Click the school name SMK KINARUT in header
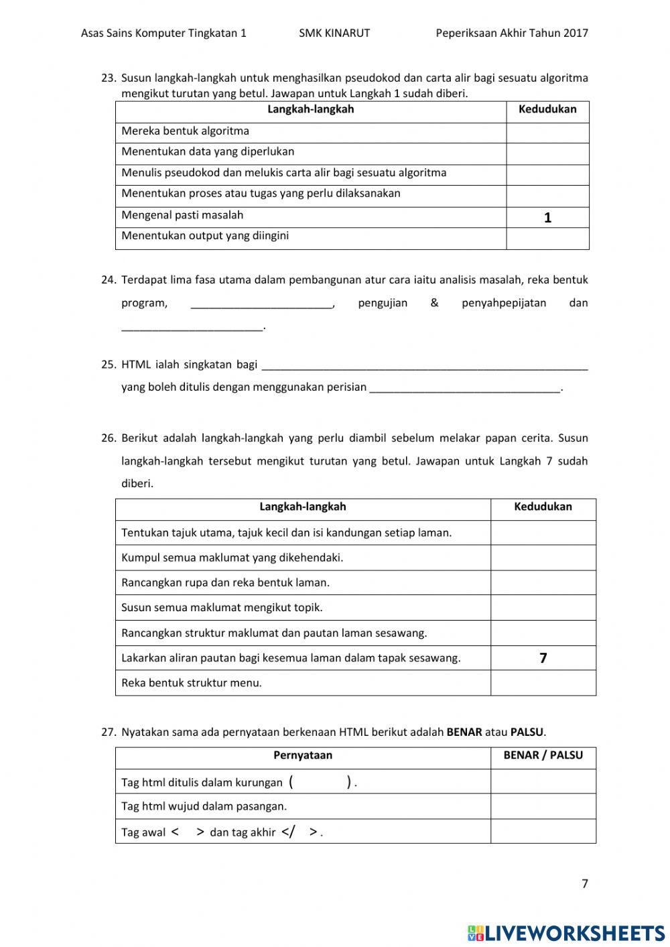334,33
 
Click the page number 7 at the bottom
584,883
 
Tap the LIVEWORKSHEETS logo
566,932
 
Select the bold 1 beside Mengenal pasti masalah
547,218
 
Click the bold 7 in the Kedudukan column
543,658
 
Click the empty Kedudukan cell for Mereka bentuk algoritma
547,132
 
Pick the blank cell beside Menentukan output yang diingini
547,239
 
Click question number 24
109,280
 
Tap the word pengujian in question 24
383,303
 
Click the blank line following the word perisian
464,388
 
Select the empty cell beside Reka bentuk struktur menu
543,683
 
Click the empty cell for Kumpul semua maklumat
543,558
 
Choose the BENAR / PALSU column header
543,755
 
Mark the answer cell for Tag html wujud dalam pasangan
543,806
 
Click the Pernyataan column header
303,755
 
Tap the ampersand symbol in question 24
434,303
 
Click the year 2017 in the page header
576,33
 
